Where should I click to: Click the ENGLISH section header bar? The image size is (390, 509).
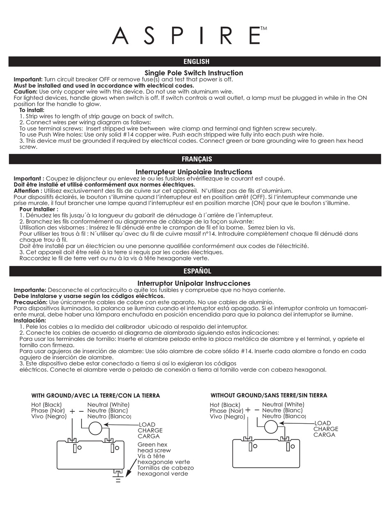[x=195, y=62]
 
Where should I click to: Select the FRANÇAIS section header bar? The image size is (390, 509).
[x=195, y=159]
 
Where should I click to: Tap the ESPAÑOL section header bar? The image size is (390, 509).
[x=195, y=271]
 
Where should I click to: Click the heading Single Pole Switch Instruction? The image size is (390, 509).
[x=194, y=73]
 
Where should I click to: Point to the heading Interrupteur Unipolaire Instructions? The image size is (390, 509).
[x=194, y=171]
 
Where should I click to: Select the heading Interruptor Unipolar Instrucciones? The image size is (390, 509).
[x=194, y=283]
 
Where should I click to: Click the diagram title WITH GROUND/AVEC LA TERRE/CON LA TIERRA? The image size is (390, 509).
[x=96, y=395]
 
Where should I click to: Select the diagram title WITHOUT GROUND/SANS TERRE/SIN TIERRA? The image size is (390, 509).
[x=269, y=395]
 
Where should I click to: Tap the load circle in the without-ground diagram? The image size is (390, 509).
[x=271, y=427]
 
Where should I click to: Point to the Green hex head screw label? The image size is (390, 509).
[x=154, y=447]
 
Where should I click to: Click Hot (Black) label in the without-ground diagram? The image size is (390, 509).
[x=225, y=405]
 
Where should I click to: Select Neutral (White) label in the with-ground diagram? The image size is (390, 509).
[x=108, y=404]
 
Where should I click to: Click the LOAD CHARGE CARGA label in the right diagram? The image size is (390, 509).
[x=326, y=429]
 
